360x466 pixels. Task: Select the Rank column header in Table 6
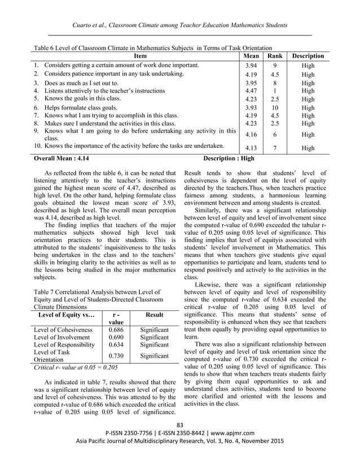pyautogui.click(x=274, y=56)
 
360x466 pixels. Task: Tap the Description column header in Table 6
pyautogui.click(x=308, y=56)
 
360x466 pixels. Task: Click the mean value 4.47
pyautogui.click(x=247, y=90)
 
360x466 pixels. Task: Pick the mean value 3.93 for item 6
pyautogui.click(x=247, y=108)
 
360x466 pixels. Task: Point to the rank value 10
pyautogui.click(x=274, y=108)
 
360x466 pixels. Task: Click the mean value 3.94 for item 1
pyautogui.click(x=247, y=65)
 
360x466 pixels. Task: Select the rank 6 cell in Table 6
pyautogui.click(x=274, y=135)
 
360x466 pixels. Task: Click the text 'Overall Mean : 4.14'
pyautogui.click(x=63, y=159)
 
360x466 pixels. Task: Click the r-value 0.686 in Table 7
pyautogui.click(x=116, y=329)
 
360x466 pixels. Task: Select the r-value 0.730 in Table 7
pyautogui.click(x=116, y=356)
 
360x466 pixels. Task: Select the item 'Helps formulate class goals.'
pyautogui.click(x=81, y=108)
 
